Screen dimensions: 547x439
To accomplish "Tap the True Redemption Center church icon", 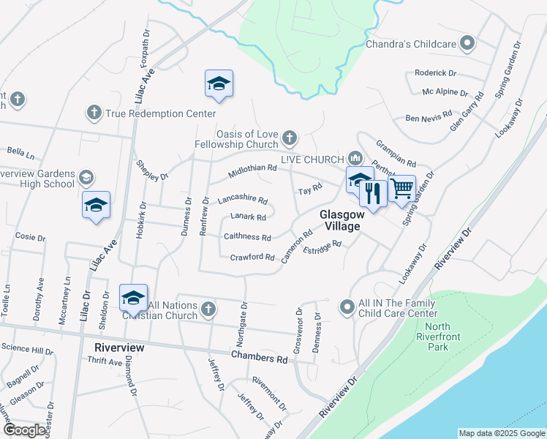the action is point(94,113).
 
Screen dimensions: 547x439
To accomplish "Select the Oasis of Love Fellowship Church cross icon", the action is point(290,138).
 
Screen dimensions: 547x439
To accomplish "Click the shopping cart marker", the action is point(401,189).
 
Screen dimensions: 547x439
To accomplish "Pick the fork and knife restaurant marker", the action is point(374,194).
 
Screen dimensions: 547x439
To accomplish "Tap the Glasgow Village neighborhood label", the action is point(339,220).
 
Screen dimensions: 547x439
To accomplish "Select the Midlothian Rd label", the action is point(252,168).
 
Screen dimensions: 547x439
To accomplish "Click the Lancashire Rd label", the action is point(243,200).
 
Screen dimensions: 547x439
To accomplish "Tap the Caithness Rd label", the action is point(247,237).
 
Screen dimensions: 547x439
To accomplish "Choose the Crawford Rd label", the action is point(252,258).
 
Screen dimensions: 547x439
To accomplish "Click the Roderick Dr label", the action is point(435,73).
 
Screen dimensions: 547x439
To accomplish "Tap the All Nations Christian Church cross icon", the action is point(208,308).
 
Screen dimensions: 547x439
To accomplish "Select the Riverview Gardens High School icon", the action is point(86,178).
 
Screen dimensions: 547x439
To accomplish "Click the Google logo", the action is point(24,430).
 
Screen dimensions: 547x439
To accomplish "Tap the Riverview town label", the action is point(119,348).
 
